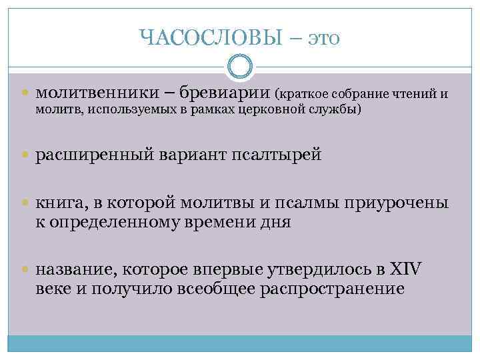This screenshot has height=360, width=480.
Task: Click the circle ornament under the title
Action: tap(240, 67)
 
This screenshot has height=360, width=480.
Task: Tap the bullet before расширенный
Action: tap(26, 156)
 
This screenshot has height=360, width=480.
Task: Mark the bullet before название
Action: tap(26, 270)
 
